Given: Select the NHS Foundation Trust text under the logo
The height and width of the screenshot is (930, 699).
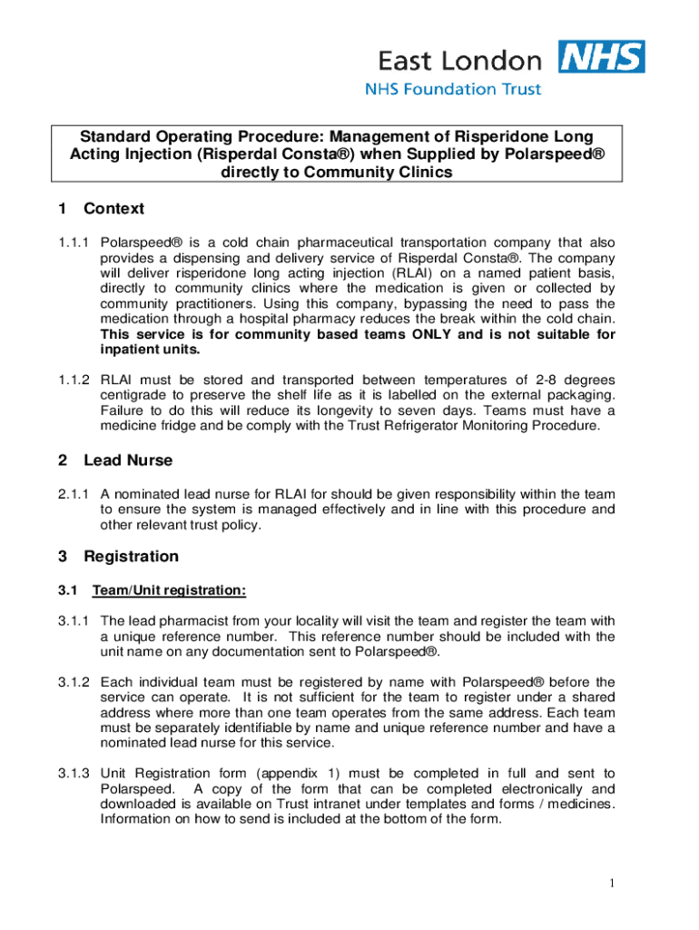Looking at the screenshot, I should click(x=453, y=89).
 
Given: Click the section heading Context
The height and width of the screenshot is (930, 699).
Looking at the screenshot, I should click(x=113, y=209).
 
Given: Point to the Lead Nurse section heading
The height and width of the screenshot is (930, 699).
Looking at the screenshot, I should click(x=128, y=460).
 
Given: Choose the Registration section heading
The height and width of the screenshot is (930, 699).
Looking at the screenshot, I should click(x=131, y=557).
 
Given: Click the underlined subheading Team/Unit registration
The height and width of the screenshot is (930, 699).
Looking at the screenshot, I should click(x=169, y=591).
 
